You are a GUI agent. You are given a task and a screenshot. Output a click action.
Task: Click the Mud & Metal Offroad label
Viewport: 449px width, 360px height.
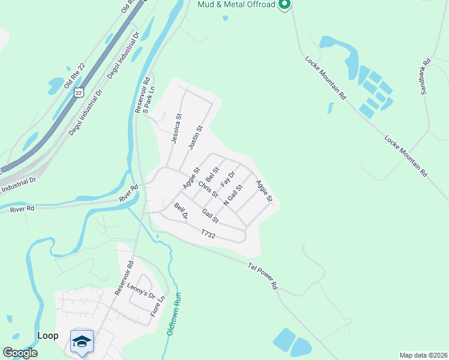pos(236,5)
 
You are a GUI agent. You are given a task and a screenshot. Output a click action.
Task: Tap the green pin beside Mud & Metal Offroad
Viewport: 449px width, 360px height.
pos(285,5)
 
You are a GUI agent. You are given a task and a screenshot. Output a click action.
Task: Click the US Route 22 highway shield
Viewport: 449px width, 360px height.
pos(79,92)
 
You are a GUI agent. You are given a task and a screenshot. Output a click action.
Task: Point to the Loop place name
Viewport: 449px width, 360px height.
pos(47,335)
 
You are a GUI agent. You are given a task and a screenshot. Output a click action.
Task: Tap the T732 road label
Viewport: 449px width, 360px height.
pos(208,234)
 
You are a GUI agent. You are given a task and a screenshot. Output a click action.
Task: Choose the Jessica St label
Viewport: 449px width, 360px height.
pos(175,128)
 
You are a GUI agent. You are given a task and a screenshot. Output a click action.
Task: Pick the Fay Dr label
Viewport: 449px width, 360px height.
pos(228,178)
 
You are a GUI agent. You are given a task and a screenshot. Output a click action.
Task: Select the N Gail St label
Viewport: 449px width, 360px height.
pos(232,195)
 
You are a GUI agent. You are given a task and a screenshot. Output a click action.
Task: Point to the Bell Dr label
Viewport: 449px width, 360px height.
pos(181,211)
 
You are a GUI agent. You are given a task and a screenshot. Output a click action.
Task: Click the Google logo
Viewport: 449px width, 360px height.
pos(19,353)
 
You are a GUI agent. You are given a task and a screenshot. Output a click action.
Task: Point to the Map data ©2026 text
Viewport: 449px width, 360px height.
pos(423,355)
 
